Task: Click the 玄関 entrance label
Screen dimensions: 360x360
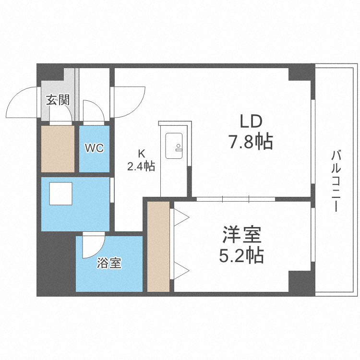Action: [x=58, y=100]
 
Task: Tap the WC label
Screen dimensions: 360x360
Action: [x=95, y=148]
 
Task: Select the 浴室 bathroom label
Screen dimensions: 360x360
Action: [x=109, y=263]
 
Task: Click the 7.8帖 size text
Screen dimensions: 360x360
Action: [x=250, y=142]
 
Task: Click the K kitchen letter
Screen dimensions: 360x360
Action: [x=141, y=154]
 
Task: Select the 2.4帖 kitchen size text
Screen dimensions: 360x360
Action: [x=141, y=167]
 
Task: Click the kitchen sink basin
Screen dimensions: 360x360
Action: [x=174, y=145]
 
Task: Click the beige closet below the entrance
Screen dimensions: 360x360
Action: [x=58, y=148]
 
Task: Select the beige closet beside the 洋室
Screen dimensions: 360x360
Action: [x=158, y=247]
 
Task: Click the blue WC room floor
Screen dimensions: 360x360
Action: [x=95, y=161]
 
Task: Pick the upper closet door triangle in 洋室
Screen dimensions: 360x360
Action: [x=181, y=217]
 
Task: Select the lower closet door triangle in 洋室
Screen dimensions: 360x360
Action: [x=181, y=271]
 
